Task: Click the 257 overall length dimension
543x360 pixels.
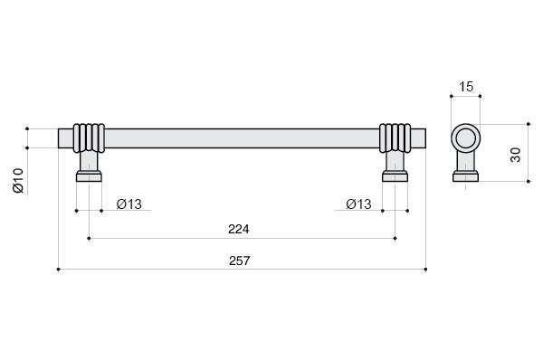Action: point(239,261)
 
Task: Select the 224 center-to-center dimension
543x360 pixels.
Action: point(239,229)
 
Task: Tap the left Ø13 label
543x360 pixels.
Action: point(129,204)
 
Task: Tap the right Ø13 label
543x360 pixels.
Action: point(358,204)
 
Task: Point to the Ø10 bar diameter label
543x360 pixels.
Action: point(18,180)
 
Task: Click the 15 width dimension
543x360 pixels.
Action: point(466,87)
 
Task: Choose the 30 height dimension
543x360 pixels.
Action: point(516,155)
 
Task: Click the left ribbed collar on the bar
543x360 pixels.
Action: point(89,138)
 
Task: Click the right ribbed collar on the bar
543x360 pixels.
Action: point(395,138)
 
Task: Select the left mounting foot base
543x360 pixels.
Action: point(89,176)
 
